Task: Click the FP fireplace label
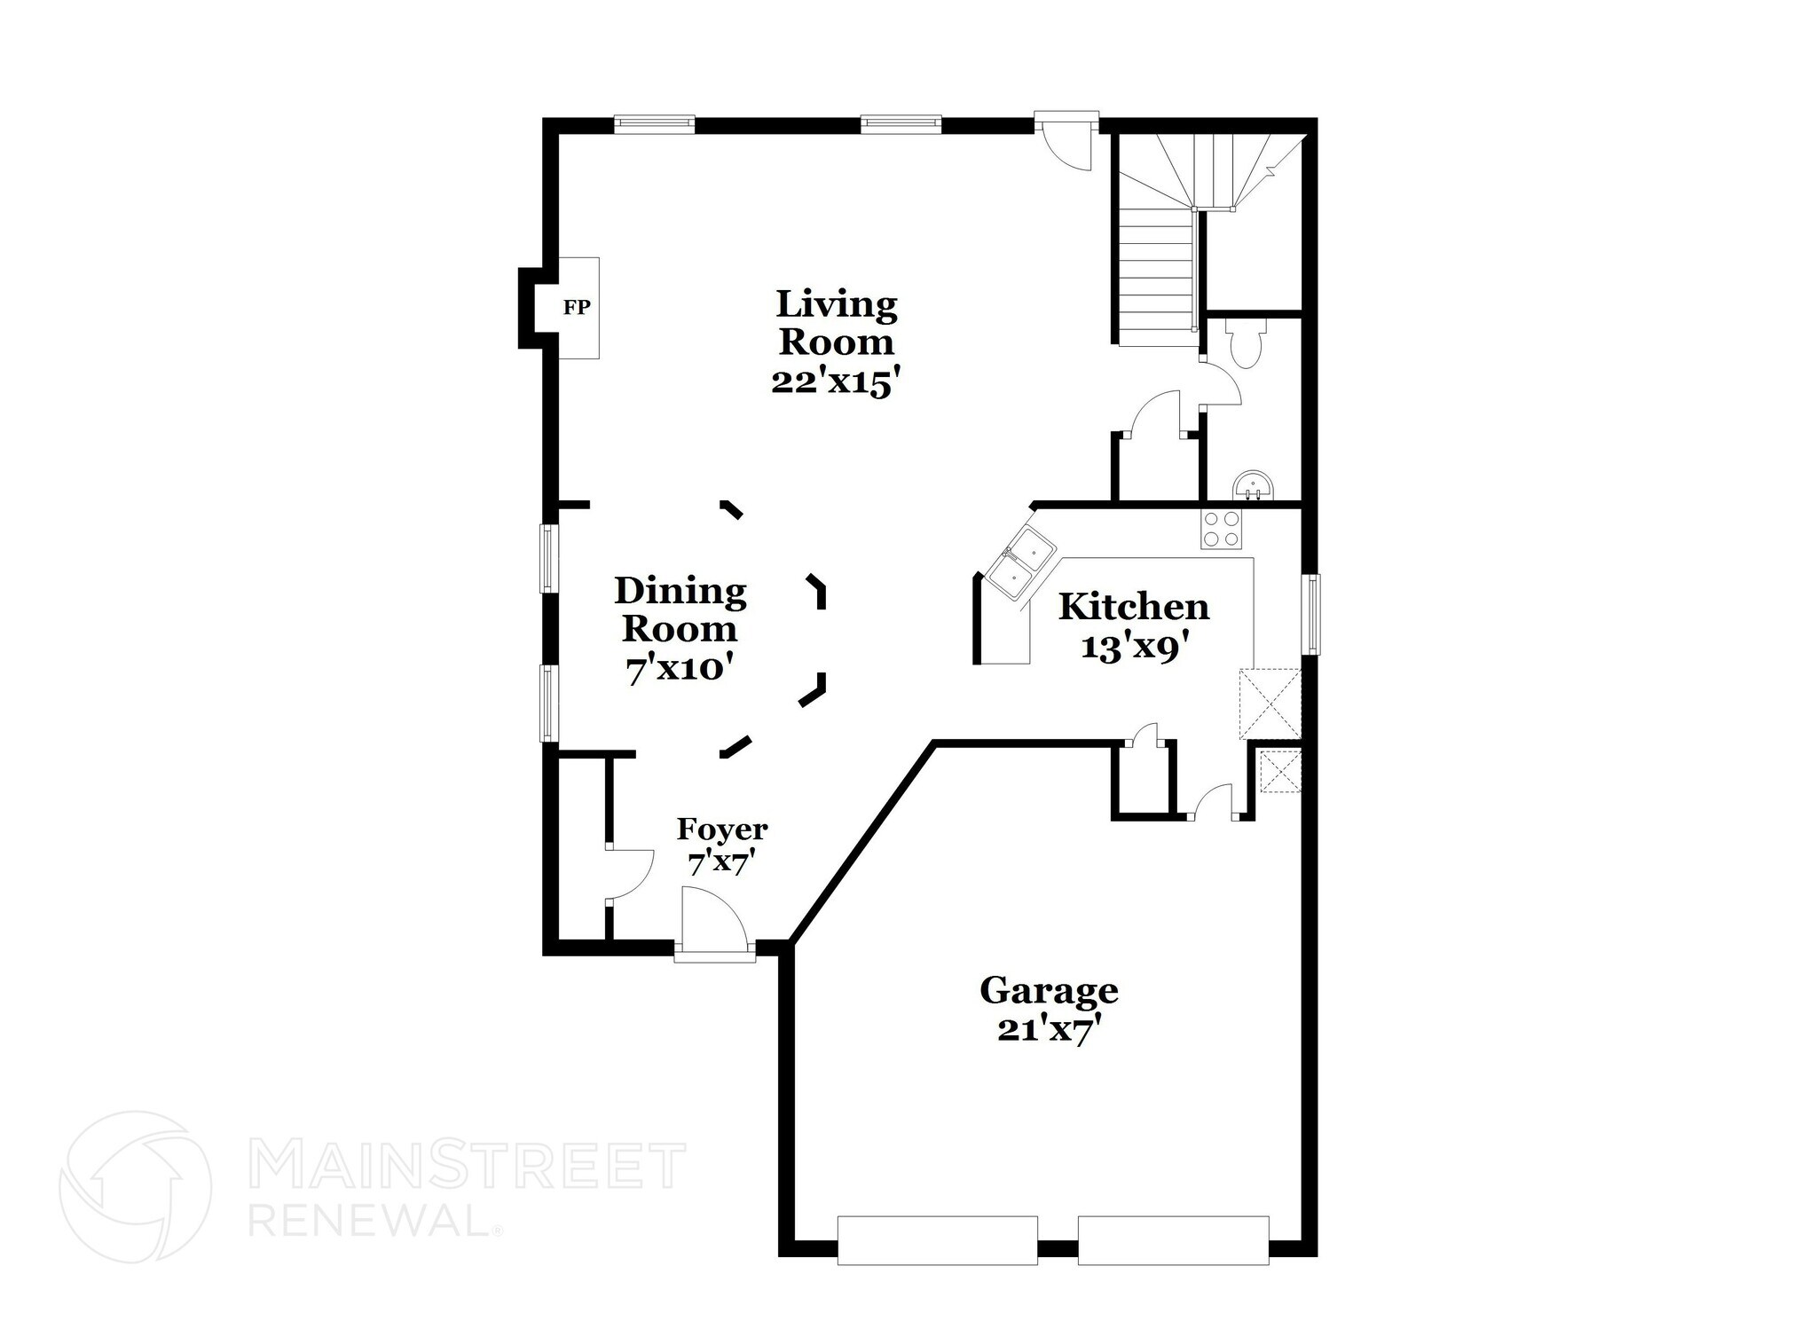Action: coord(577,308)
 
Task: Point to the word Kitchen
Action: coord(1134,608)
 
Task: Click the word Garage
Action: coord(1049,990)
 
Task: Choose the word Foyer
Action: coord(721,830)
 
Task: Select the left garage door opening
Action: coord(937,1238)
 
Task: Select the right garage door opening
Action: coord(1173,1238)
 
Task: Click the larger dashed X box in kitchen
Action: coord(1270,704)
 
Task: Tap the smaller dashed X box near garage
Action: coord(1280,771)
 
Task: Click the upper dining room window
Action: coord(550,558)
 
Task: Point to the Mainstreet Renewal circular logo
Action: coord(136,1186)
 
